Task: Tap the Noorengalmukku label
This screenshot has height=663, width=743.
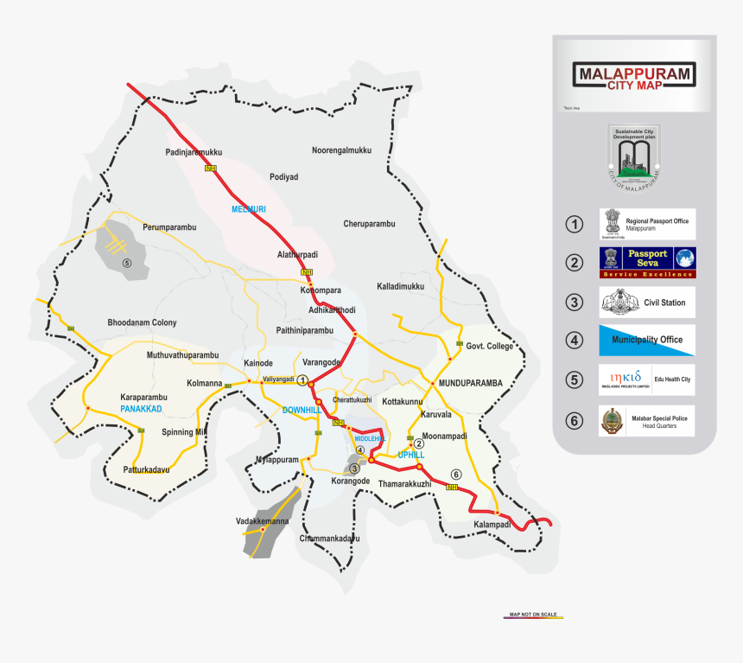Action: (341, 150)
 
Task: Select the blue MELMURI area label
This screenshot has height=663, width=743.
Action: (249, 210)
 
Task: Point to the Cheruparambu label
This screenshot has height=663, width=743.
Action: (369, 224)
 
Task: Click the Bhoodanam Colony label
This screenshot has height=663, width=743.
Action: (142, 322)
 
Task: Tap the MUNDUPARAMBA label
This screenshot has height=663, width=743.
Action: (470, 382)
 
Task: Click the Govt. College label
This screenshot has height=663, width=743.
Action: (489, 346)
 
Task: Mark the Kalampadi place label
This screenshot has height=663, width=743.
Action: (492, 525)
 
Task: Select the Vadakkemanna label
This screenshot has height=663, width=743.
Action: (262, 521)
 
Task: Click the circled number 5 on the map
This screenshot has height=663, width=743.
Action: (126, 263)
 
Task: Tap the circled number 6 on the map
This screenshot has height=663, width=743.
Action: (456, 474)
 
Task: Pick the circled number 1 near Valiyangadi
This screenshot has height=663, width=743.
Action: (302, 380)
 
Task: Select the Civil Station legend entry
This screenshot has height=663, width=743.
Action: (647, 303)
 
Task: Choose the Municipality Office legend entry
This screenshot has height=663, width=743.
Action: (647, 341)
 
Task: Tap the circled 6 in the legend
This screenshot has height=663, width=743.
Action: (575, 421)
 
